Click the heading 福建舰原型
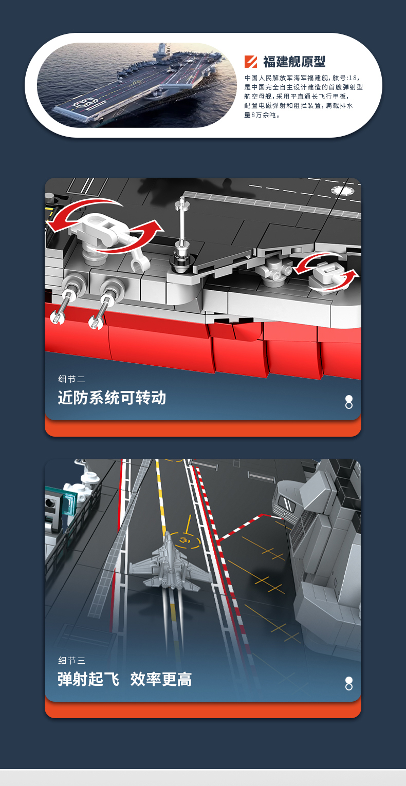tap(294, 62)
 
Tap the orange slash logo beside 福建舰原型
tap(251, 62)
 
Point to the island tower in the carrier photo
tap(161, 51)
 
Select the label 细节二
tap(71, 379)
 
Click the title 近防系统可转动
tap(112, 398)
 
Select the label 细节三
tap(71, 660)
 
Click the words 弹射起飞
tap(88, 679)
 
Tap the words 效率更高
tap(161, 679)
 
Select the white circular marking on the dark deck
tap(343, 190)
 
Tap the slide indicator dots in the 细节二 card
tap(349, 402)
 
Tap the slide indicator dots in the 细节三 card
tap(349, 684)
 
